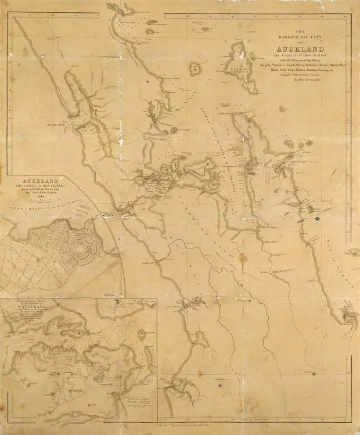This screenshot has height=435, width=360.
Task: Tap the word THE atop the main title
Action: point(296,31)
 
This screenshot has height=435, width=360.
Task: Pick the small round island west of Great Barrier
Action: point(194,68)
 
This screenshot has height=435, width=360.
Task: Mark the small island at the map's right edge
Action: point(352,253)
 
